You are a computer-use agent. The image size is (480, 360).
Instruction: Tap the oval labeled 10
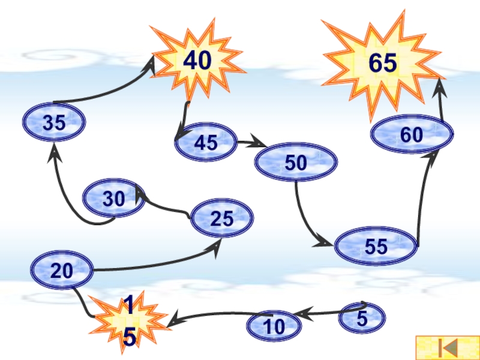pos(274,326)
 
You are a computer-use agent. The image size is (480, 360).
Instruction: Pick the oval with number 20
pos(61,271)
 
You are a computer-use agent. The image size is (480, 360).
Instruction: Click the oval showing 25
pos(221,218)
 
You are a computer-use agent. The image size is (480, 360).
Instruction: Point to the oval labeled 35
pos(54,123)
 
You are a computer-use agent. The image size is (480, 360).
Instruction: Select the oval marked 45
pos(206,143)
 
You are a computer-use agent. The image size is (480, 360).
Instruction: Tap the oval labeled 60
pos(412,136)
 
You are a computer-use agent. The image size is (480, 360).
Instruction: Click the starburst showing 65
pos(382,62)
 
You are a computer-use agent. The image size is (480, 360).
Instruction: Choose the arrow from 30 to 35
pos(67,192)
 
